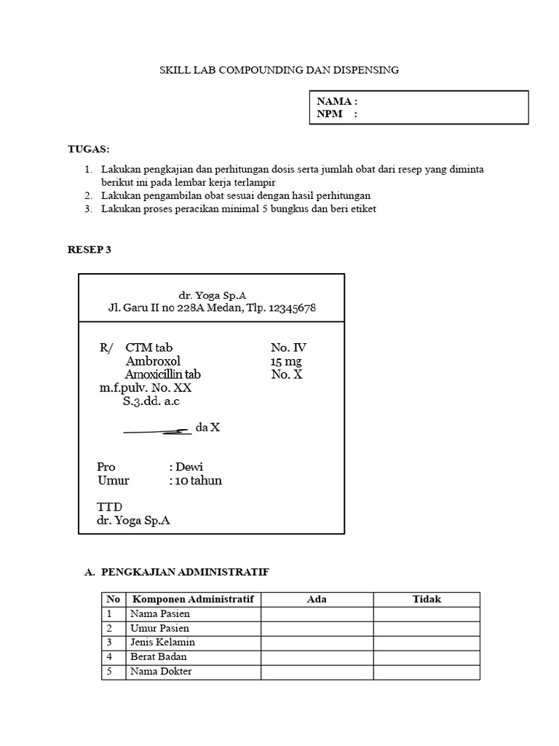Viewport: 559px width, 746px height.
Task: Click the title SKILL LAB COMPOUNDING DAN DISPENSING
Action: point(279,70)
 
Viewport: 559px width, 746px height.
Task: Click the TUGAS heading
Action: point(88,149)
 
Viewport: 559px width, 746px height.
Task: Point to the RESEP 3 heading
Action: point(90,249)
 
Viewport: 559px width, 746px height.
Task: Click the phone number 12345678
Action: point(292,308)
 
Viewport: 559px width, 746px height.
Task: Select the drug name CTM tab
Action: point(149,348)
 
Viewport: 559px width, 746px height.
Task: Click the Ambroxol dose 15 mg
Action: point(285,361)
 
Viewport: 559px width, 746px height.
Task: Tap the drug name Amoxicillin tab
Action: point(163,374)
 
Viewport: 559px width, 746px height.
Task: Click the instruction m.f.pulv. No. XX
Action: point(146,388)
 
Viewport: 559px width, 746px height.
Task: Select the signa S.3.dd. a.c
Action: point(151,402)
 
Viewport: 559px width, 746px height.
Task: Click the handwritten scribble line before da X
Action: point(157,431)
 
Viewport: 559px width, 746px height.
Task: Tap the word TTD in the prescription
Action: point(110,506)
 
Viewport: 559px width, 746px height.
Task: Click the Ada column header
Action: point(317,600)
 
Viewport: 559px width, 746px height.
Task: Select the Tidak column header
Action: point(427,600)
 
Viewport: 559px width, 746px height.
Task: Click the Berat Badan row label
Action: point(159,657)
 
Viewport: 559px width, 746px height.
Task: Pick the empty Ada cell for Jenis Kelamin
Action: point(317,643)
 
